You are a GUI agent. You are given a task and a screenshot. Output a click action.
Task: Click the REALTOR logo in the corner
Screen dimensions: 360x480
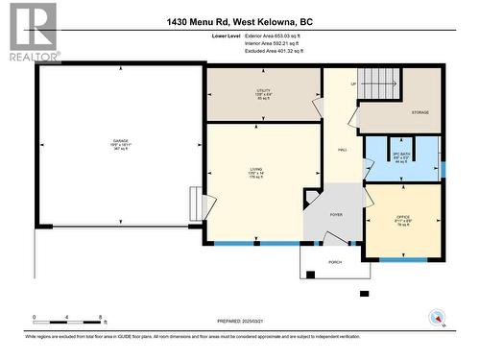(x=30, y=33)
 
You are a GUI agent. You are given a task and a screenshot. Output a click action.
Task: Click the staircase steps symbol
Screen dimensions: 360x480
(x=378, y=84)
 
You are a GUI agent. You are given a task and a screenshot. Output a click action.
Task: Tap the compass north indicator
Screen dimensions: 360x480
(x=439, y=318)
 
